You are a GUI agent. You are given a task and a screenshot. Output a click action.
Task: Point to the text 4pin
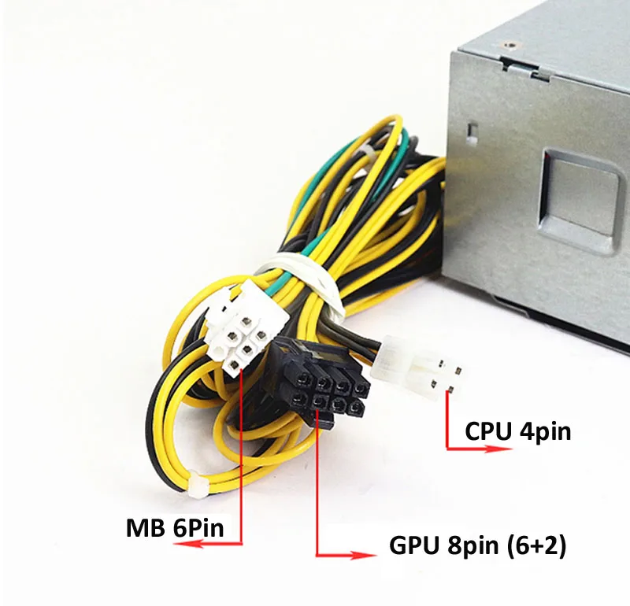[x=544, y=432]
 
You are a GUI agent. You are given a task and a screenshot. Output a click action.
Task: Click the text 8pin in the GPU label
[x=472, y=545]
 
